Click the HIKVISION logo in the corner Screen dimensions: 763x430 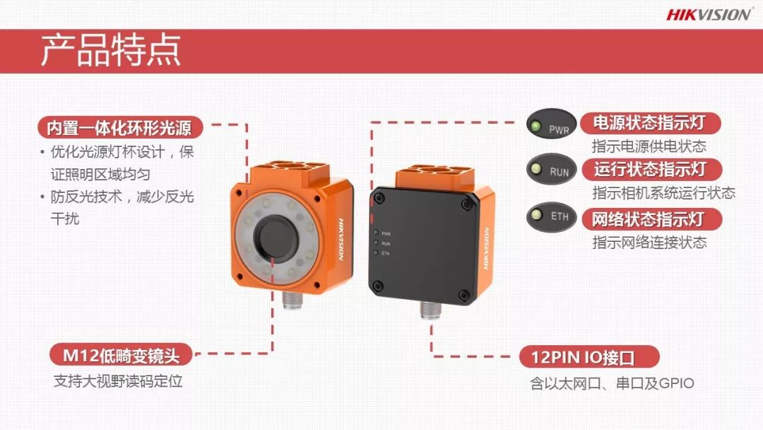[x=709, y=15]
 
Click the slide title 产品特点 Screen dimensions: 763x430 [x=110, y=50]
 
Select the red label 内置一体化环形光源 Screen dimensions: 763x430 [x=119, y=127]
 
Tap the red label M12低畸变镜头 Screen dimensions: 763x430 [x=122, y=356]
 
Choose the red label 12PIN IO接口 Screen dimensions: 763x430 [x=589, y=357]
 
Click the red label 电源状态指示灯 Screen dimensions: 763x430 [x=650, y=123]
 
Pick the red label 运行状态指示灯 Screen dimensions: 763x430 [x=651, y=169]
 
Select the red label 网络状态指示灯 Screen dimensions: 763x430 [x=651, y=219]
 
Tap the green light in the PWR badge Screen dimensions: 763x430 [x=536, y=126]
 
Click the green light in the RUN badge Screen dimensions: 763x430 [x=536, y=168]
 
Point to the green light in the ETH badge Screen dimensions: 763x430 [x=537, y=214]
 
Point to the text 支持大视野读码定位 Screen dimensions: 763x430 [x=118, y=380]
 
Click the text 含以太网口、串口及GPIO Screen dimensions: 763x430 [x=612, y=383]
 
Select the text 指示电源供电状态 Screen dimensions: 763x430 [x=649, y=146]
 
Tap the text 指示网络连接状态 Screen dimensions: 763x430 [x=649, y=242]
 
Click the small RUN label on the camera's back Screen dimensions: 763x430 [x=386, y=243]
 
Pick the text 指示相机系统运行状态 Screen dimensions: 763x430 [x=663, y=193]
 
